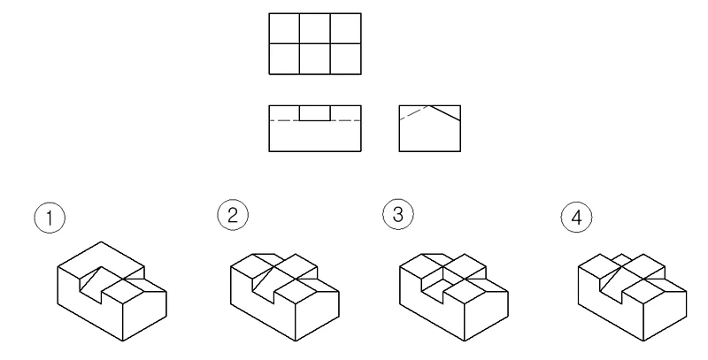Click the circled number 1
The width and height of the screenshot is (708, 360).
coord(50,218)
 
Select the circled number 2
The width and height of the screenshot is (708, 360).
coord(233,215)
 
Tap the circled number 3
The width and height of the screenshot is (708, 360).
coord(398,214)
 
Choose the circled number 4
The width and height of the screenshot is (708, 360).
coord(577,218)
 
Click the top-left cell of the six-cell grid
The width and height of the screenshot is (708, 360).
coord(284,28)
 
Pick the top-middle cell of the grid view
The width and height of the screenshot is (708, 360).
coord(315,28)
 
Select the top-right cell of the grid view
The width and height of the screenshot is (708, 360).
coord(345,28)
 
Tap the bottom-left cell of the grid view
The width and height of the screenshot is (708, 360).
coord(284,58)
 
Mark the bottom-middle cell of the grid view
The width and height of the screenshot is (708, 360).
coord(315,58)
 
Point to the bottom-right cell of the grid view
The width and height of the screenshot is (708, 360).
coord(345,58)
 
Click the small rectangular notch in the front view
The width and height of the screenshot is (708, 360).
coord(315,113)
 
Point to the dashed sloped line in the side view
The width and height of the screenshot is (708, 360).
coord(414,112)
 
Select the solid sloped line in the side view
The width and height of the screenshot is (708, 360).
coord(445,113)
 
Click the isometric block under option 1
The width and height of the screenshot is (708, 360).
coord(112,291)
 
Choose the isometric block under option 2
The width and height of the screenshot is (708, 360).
coord(285,297)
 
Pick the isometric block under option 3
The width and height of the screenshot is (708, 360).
coord(454,297)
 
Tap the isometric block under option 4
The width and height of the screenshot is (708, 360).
coord(632,297)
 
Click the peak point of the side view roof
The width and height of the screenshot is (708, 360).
coord(429,105)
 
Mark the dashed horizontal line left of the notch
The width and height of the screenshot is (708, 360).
coord(284,120)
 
